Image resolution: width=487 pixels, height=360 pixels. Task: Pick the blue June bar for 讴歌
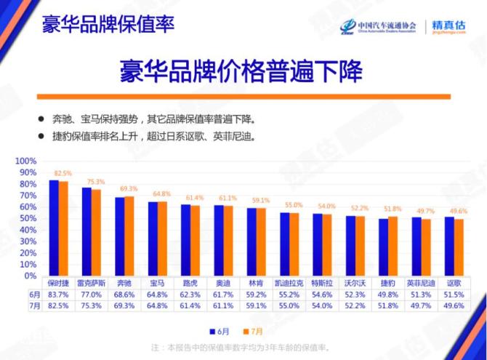point(448,246)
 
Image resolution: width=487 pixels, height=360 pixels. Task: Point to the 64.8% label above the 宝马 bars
point(162,194)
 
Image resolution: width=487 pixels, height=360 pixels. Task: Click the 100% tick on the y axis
point(25,161)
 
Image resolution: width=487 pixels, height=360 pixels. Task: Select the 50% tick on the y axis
point(27,218)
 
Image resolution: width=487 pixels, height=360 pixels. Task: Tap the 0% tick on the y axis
point(30,276)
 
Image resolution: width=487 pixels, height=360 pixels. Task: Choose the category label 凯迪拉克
point(289,282)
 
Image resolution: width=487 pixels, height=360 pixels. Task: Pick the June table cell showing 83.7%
point(59,295)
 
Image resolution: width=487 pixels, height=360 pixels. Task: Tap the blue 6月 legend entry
point(222,327)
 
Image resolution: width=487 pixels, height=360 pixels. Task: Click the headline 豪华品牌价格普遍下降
point(242,73)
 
